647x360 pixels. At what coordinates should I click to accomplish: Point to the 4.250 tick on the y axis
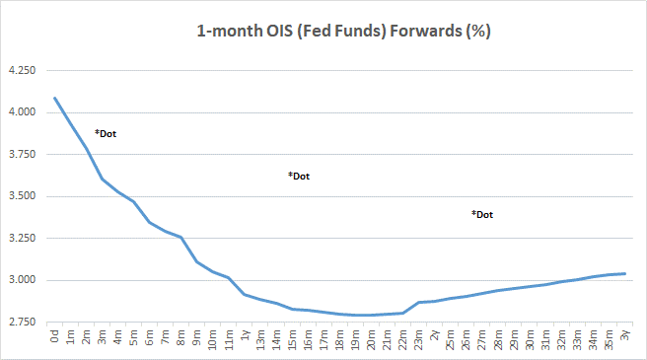[x=21, y=71]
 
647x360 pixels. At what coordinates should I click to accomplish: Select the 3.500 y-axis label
[x=21, y=196]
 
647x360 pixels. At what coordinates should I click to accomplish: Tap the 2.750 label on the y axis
[x=21, y=323]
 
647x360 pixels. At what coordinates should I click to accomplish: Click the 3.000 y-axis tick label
[x=21, y=280]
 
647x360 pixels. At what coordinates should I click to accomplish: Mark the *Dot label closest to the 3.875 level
[x=106, y=133]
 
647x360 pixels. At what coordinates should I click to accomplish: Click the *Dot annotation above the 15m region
[x=299, y=176]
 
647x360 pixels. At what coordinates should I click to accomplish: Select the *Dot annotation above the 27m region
[x=482, y=214]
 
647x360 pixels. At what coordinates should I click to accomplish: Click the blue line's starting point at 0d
[x=55, y=98]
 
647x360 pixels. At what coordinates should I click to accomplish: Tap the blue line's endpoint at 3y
[x=625, y=273]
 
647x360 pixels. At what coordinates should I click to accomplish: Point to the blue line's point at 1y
[x=245, y=294]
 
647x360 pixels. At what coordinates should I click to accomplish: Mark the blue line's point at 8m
[x=181, y=238]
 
